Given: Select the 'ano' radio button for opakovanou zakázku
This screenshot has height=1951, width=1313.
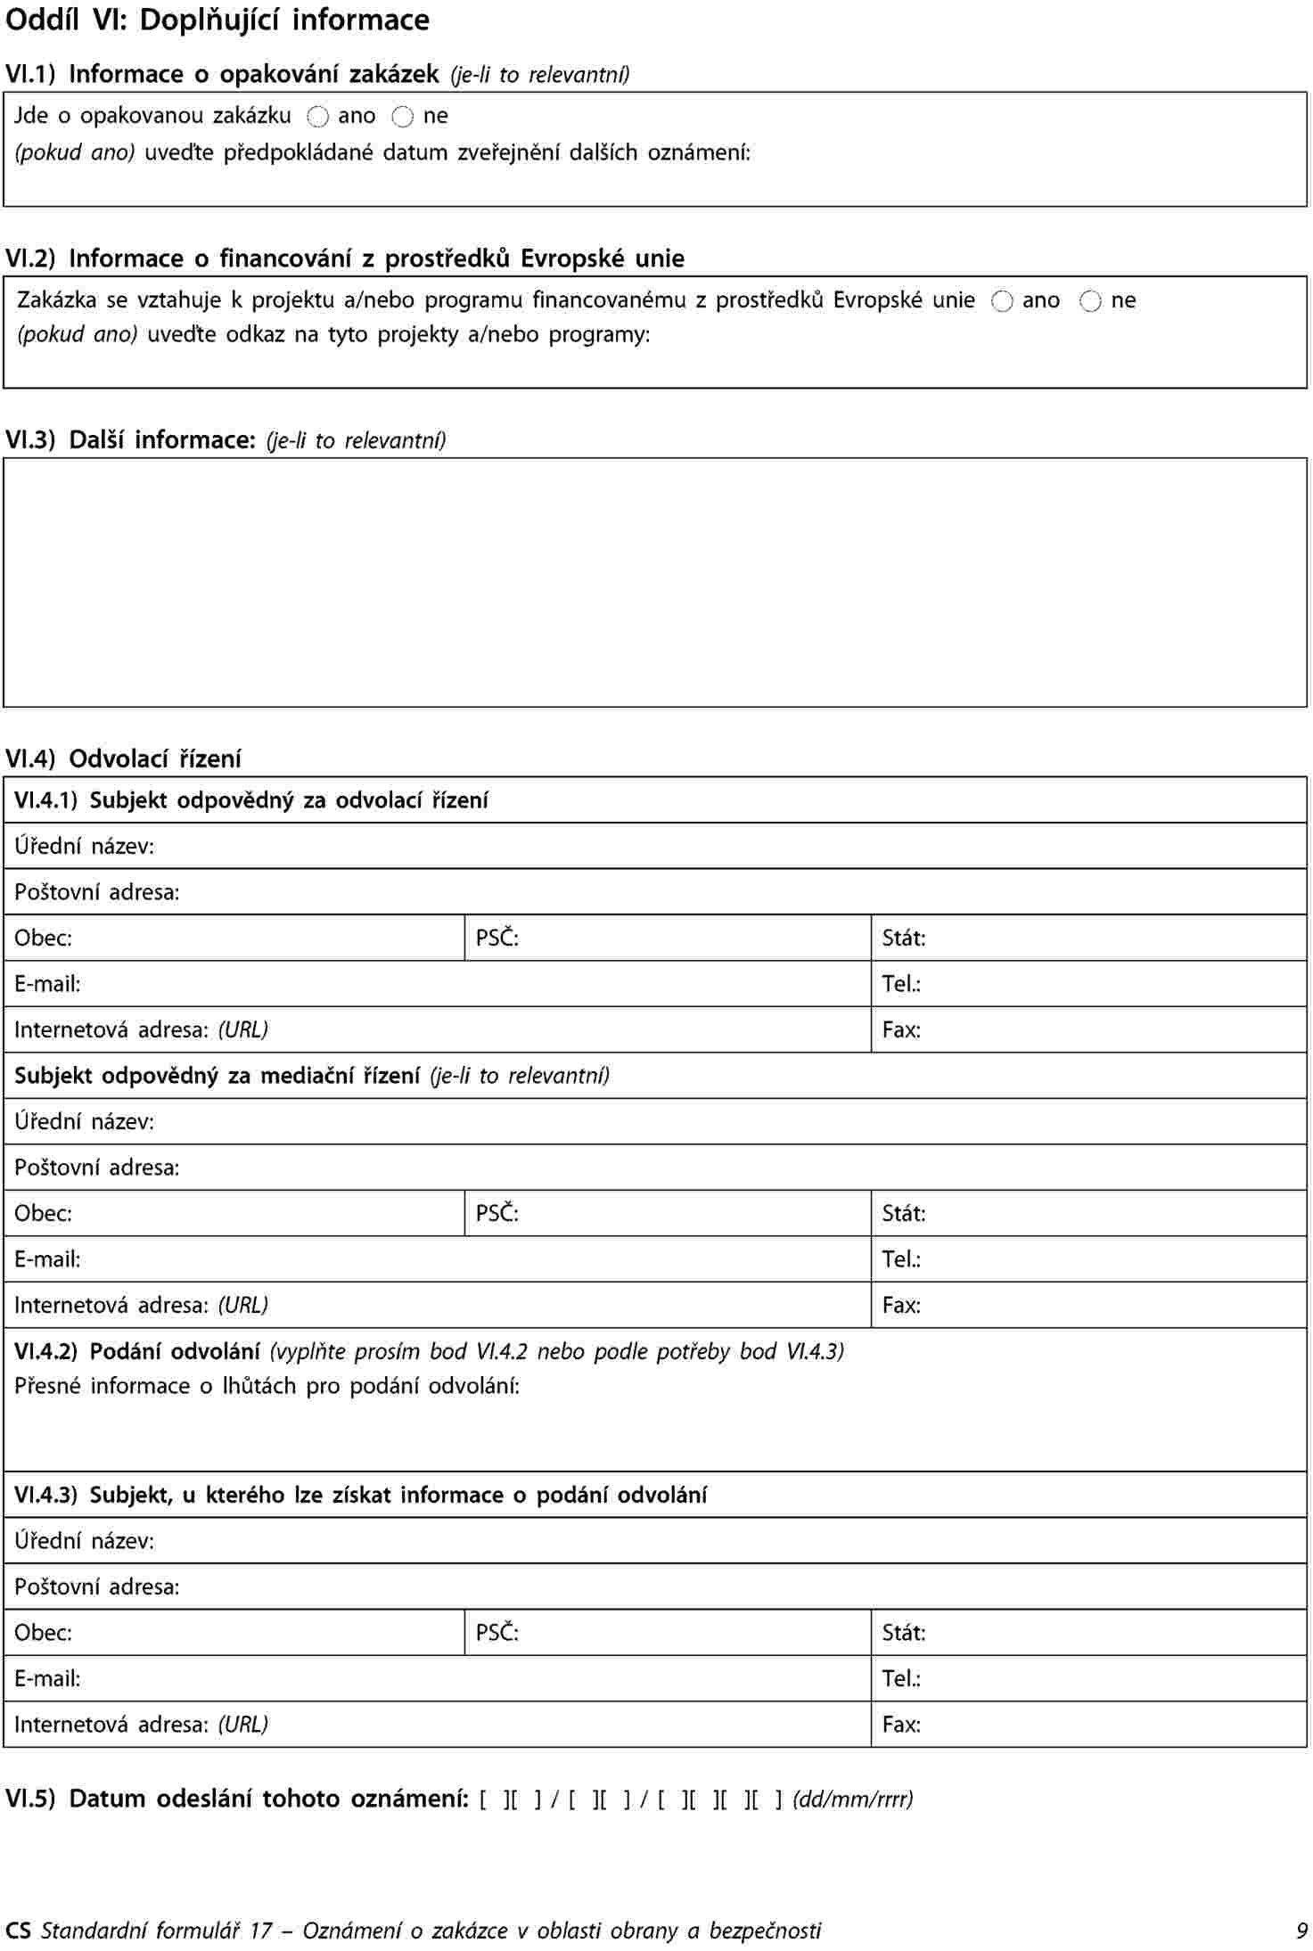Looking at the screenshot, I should coord(318,117).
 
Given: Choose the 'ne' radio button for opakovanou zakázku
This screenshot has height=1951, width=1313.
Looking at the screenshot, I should coord(403,117).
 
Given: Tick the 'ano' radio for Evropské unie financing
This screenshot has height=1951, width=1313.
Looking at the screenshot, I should coord(1002,301).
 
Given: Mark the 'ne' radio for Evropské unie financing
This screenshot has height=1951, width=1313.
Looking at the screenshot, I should coord(1090,301).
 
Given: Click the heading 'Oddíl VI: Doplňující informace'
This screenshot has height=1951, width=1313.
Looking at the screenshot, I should coord(217,20).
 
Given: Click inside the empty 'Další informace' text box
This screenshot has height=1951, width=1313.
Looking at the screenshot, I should coord(655,582).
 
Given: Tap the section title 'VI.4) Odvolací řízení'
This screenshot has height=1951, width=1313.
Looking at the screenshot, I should coord(123,758).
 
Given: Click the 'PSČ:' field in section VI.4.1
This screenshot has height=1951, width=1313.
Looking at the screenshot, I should coord(667,938).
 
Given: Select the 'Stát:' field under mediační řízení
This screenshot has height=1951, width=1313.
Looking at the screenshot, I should coord(1087,1213).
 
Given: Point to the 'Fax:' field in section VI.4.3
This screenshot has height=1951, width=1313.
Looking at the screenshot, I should coord(1087,1725).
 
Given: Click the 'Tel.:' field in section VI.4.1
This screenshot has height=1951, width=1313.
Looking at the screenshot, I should coord(1087,984).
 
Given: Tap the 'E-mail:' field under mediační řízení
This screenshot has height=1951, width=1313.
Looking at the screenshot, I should coord(437,1259).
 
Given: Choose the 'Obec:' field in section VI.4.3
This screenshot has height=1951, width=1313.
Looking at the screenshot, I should coord(234,1633).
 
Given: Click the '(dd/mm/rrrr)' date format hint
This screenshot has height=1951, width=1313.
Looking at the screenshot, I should coord(853,1799).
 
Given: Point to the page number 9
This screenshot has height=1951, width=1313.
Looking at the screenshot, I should coord(1302,1931).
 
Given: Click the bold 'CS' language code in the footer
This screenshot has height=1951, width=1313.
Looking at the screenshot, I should coord(18,1931).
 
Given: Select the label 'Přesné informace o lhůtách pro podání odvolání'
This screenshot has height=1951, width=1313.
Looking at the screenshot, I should coord(267,1386).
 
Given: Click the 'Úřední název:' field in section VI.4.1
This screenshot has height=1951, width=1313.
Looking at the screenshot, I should coord(655,846).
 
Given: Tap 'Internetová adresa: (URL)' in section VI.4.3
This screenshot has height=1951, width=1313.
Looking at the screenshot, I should coord(437,1725).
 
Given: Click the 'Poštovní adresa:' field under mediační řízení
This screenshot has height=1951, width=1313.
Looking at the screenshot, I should coord(655,1168).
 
